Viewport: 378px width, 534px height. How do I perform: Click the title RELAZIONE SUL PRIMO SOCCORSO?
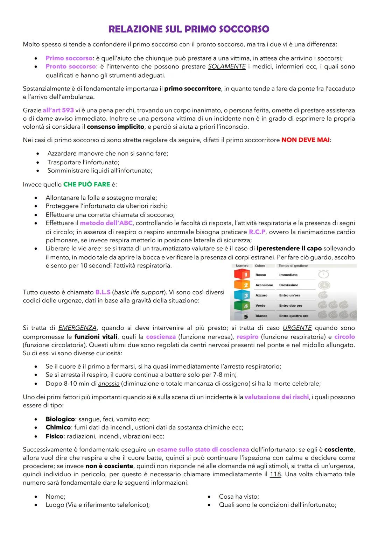tap(189, 29)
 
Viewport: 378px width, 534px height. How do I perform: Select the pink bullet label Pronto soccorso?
tap(70, 66)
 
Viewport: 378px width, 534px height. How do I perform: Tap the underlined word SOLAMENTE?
tap(226, 66)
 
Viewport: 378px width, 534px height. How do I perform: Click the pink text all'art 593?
tap(58, 110)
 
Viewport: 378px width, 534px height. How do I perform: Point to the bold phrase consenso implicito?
tap(115, 127)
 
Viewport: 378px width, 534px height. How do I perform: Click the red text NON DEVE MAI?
tap(305, 140)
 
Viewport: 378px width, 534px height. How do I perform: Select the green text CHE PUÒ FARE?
tap(86, 184)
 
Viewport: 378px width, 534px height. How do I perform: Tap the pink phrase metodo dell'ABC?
tap(106, 223)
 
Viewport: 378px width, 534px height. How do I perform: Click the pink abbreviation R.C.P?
tap(257, 232)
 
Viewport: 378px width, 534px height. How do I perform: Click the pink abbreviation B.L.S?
tap(103, 292)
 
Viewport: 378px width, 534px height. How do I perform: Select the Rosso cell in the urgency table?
tap(261, 275)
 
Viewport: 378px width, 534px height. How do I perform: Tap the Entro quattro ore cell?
tap(293, 316)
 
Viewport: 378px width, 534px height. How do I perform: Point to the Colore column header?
tap(260, 266)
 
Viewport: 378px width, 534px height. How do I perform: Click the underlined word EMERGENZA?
tap(77, 328)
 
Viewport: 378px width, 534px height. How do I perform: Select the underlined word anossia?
tap(109, 384)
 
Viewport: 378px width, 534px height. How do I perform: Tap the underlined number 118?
tap(275, 475)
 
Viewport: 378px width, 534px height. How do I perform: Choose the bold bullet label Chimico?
tap(58, 427)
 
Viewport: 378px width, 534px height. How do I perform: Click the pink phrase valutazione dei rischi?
tap(276, 397)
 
